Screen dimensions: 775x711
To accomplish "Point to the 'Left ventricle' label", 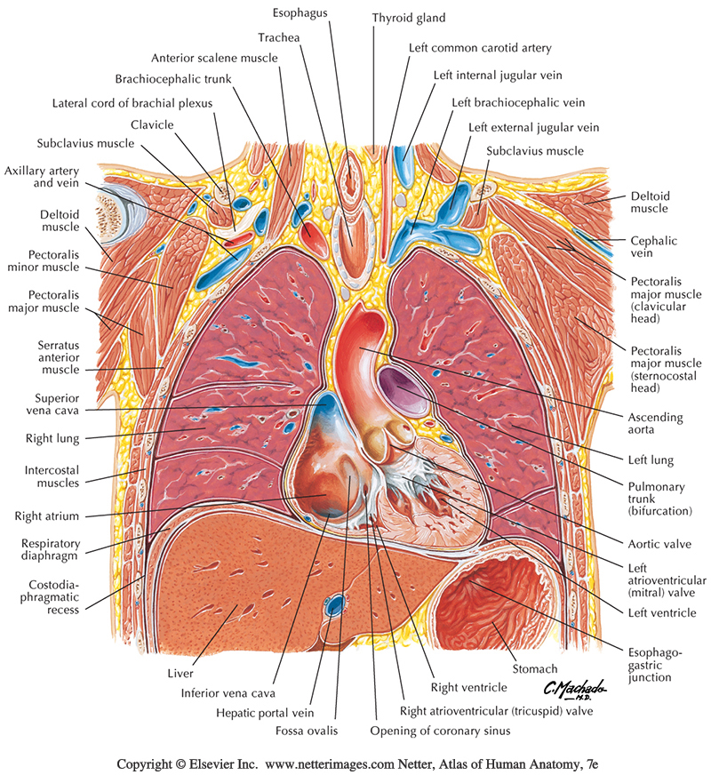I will pyautogui.click(x=660, y=613).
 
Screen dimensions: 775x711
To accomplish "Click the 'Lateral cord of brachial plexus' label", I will pyautogui.click(x=132, y=103).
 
